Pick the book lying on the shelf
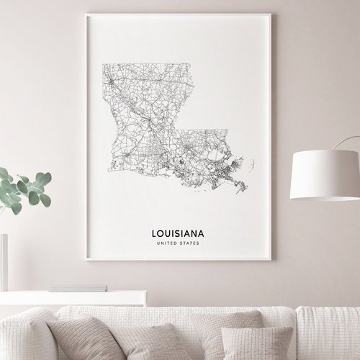(x=79, y=288)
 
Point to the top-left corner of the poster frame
(x=86, y=15)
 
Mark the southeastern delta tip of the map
(x=245, y=189)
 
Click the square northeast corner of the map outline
(x=192, y=64)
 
